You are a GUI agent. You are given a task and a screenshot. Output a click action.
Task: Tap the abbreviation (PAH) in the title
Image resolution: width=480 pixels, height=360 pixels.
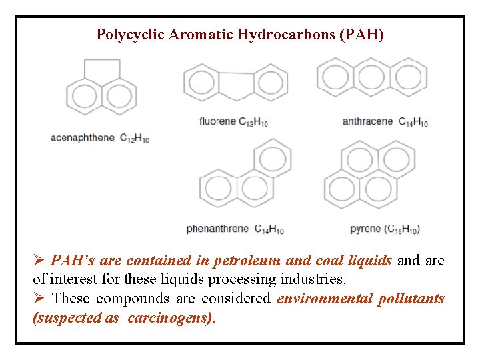[x=361, y=35]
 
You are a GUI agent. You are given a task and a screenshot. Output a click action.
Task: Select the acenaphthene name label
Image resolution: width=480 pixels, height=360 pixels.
[x=83, y=138]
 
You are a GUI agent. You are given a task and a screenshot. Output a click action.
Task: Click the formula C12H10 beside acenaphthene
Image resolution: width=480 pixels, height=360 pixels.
[x=135, y=139]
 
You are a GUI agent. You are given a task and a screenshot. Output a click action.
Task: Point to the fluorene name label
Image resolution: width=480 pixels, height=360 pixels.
[x=217, y=121]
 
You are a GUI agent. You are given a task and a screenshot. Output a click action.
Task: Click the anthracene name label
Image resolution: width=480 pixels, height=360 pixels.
[x=367, y=121]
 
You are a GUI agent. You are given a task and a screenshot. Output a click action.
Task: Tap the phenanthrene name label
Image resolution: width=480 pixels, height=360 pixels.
[x=217, y=229]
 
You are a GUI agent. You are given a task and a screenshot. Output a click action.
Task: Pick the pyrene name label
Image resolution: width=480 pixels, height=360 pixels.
[x=365, y=229]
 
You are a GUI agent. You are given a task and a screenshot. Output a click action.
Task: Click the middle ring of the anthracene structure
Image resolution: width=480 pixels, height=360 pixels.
[x=371, y=78]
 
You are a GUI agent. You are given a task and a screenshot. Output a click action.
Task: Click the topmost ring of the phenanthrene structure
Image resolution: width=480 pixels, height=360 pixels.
[x=271, y=158]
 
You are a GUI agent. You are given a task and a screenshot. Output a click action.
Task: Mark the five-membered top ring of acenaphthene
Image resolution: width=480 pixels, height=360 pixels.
[x=101, y=71]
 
